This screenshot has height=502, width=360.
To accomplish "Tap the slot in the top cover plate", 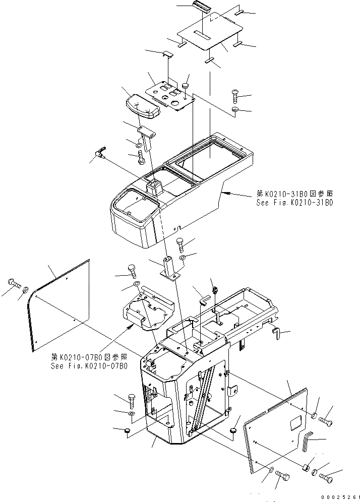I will [204, 37].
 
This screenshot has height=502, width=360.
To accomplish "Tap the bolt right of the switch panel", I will [236, 94].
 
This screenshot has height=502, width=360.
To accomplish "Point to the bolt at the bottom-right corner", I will [326, 475].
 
